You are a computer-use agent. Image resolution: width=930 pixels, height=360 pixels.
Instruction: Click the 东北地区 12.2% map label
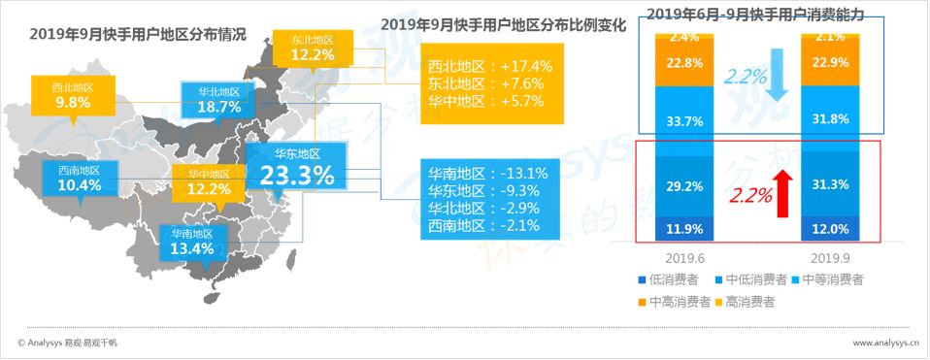(313, 49)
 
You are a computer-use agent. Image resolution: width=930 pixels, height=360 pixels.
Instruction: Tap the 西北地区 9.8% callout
(73, 96)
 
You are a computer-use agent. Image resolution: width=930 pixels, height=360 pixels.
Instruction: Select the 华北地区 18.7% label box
(218, 101)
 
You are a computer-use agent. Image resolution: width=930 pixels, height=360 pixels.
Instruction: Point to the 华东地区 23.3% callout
(296, 166)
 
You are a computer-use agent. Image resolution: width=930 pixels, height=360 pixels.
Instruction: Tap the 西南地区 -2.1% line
(484, 225)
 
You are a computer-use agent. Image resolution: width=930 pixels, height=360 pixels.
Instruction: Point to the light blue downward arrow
(776, 76)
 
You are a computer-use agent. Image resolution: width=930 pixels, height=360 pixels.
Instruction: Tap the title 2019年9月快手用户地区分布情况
(138, 34)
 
